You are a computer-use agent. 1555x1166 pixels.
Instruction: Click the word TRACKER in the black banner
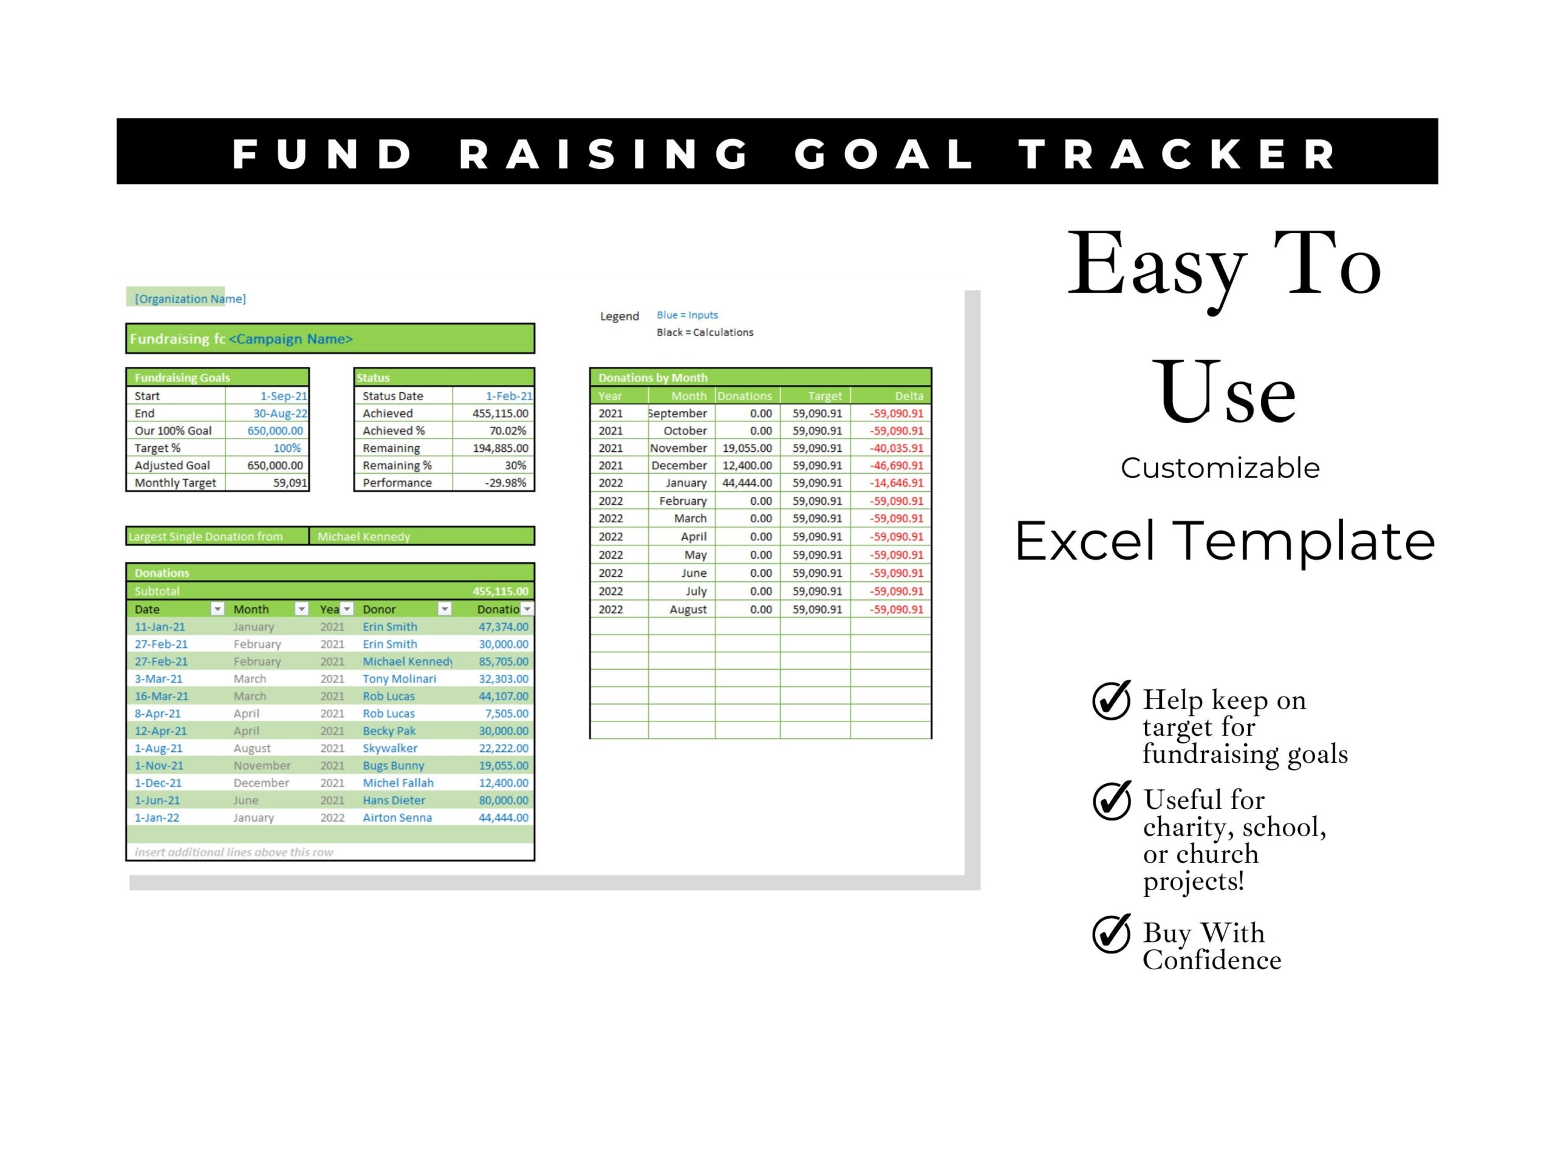1178,154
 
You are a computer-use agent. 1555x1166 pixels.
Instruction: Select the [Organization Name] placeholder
190,299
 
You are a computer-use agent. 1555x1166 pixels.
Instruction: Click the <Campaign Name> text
290,339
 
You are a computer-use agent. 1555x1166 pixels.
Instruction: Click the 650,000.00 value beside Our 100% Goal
275,431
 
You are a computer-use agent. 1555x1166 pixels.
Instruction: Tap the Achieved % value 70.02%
508,431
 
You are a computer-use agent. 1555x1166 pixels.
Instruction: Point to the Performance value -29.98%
505,483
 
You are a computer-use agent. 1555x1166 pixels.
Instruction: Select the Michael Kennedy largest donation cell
363,536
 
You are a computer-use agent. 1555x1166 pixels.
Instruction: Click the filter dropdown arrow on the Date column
217,609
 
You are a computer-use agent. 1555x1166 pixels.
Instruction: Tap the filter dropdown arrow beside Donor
444,609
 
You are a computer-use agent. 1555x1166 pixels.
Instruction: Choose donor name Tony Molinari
399,679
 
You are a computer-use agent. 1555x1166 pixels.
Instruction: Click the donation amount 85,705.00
504,661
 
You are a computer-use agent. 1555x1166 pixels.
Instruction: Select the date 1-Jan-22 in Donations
157,817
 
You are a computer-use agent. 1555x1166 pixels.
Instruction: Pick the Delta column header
909,396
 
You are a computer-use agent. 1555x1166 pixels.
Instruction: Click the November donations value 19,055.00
747,448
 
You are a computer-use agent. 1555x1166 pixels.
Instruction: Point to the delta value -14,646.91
897,483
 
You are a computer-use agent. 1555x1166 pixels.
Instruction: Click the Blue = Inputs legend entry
687,315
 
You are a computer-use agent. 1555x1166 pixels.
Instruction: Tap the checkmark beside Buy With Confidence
1112,933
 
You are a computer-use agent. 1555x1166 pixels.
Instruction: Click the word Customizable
1220,468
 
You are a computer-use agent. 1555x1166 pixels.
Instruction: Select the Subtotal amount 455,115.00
500,591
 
